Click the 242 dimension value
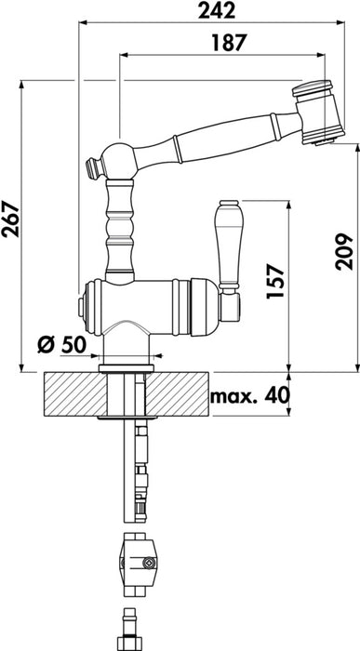217,10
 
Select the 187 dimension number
229,43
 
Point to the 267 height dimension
10,219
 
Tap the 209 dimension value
344,252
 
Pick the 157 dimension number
275,281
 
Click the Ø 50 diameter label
61,344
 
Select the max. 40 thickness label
249,396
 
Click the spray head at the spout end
318,113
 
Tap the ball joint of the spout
119,161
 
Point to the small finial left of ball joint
94,167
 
